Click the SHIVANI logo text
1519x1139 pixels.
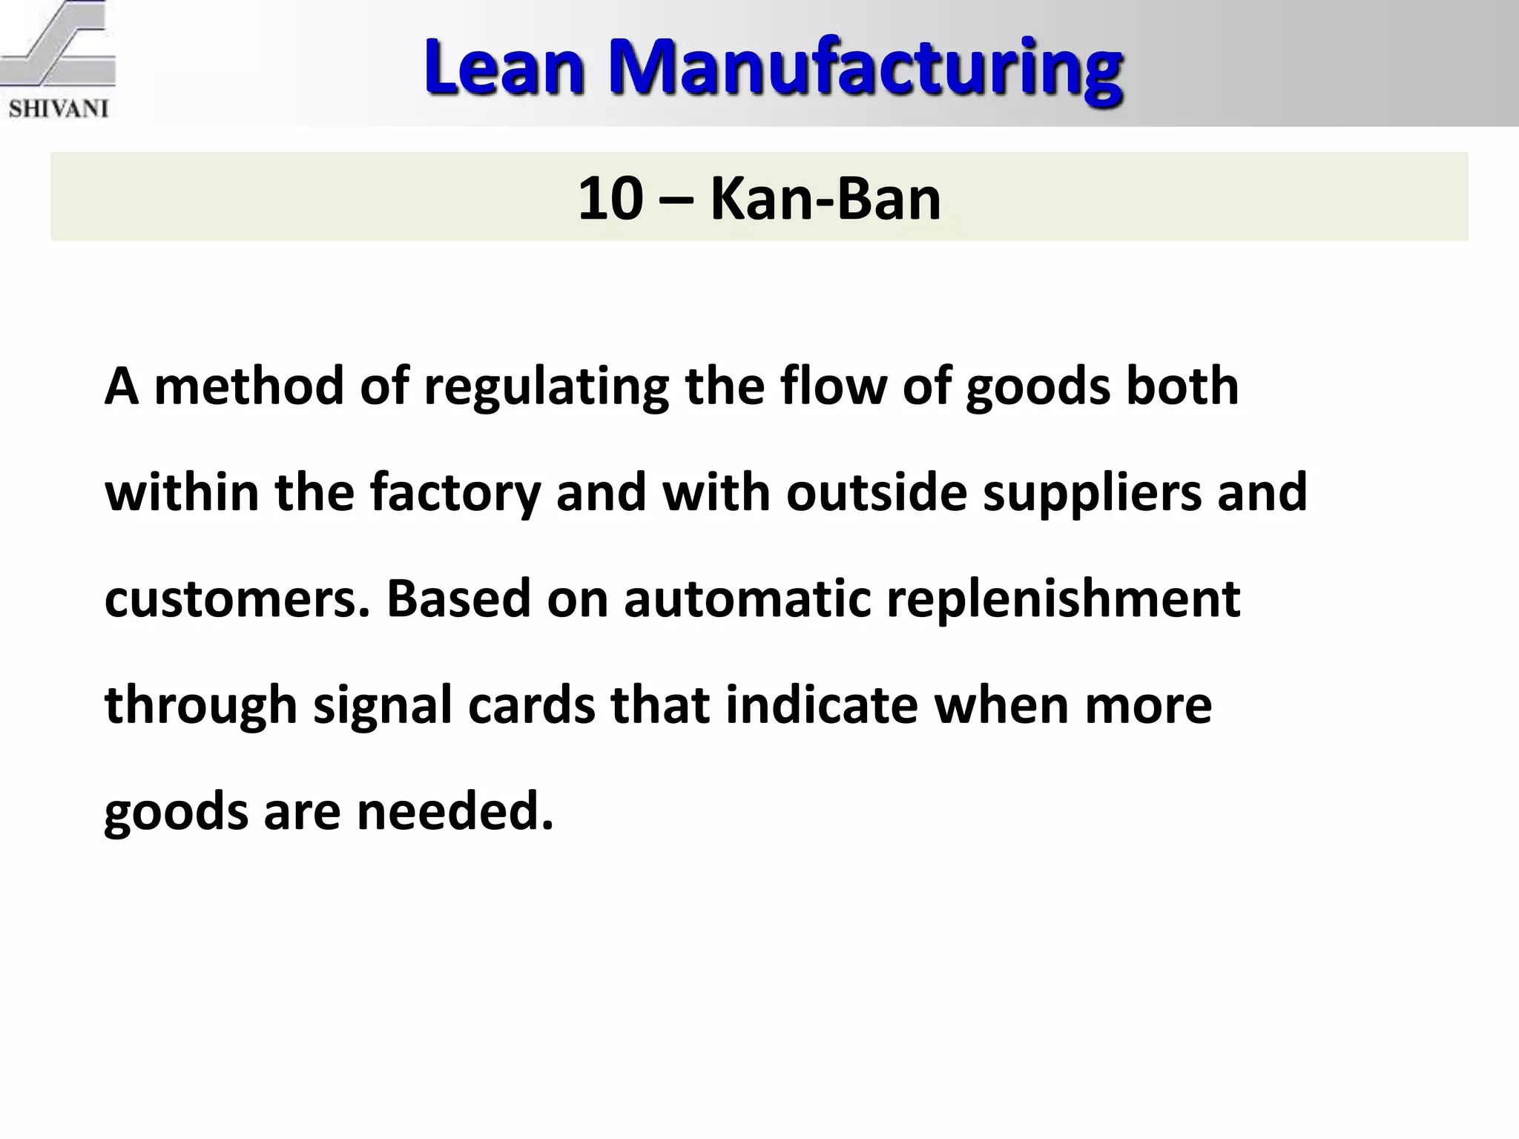coord(59,108)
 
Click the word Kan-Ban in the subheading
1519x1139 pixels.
coord(825,199)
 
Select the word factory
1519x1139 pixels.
coord(455,494)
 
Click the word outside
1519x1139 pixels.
coord(876,492)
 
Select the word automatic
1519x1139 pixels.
coord(747,599)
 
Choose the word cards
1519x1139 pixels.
coord(531,705)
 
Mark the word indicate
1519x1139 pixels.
coord(821,705)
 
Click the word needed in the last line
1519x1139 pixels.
coord(455,811)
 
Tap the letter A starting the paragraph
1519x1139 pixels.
coord(122,386)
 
